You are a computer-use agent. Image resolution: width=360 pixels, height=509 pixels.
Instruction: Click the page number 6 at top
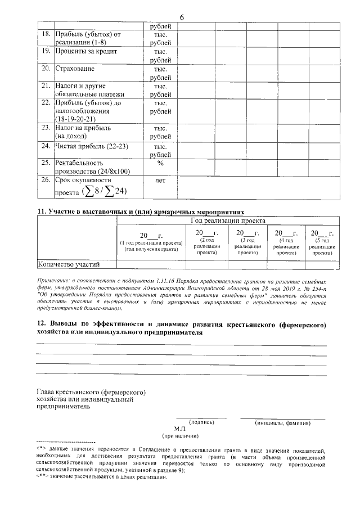182,17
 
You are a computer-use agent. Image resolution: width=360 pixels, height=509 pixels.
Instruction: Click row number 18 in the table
46,35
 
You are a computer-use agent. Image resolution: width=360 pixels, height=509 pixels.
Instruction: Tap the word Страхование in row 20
74,69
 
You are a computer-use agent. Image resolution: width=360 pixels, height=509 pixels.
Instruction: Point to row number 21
46,86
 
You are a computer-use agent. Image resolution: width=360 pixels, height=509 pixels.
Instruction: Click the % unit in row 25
160,163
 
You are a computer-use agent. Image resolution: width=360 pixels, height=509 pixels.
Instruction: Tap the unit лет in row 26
160,181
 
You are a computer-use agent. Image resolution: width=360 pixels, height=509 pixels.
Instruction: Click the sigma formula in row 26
104,192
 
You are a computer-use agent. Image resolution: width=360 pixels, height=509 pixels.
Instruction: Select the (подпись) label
201,422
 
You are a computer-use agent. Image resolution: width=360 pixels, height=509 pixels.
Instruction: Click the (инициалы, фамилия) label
282,422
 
